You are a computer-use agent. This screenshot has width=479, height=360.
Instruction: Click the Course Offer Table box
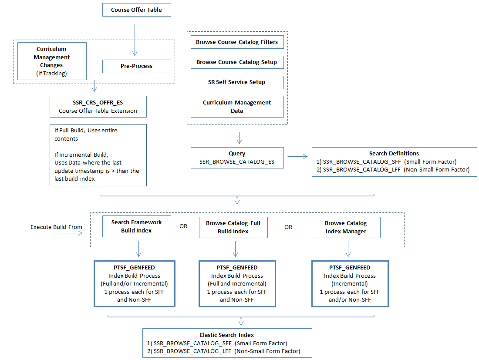coord(136,10)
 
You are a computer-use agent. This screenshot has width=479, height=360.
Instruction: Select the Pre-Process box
coord(136,66)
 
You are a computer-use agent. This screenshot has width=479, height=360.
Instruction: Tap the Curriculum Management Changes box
coord(52,61)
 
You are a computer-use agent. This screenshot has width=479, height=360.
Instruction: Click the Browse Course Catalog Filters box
coord(237,42)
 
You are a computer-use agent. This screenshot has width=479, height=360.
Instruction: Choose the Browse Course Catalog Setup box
coord(237,62)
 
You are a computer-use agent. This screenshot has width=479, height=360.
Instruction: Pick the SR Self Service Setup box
coord(237,82)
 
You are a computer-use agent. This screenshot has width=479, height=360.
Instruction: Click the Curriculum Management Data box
coord(237,107)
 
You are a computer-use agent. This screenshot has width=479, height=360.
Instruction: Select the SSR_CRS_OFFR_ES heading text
coord(98,103)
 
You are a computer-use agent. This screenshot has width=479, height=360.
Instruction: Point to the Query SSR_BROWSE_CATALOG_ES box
coord(237,158)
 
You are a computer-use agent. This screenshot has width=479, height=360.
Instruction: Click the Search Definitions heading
coord(394,153)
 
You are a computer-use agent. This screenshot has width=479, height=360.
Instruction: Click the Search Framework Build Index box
coord(136,226)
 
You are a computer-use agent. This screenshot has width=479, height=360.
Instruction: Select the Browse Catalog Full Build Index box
coord(233,227)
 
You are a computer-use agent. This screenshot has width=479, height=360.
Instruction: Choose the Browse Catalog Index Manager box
coord(346,227)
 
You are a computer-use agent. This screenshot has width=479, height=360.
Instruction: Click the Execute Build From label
coord(56,227)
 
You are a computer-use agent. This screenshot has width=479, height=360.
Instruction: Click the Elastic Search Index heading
coord(227,335)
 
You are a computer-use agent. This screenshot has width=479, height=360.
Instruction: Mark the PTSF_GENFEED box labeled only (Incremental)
coord(350,284)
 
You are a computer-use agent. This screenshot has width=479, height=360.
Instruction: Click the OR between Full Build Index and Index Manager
coord(288,227)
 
